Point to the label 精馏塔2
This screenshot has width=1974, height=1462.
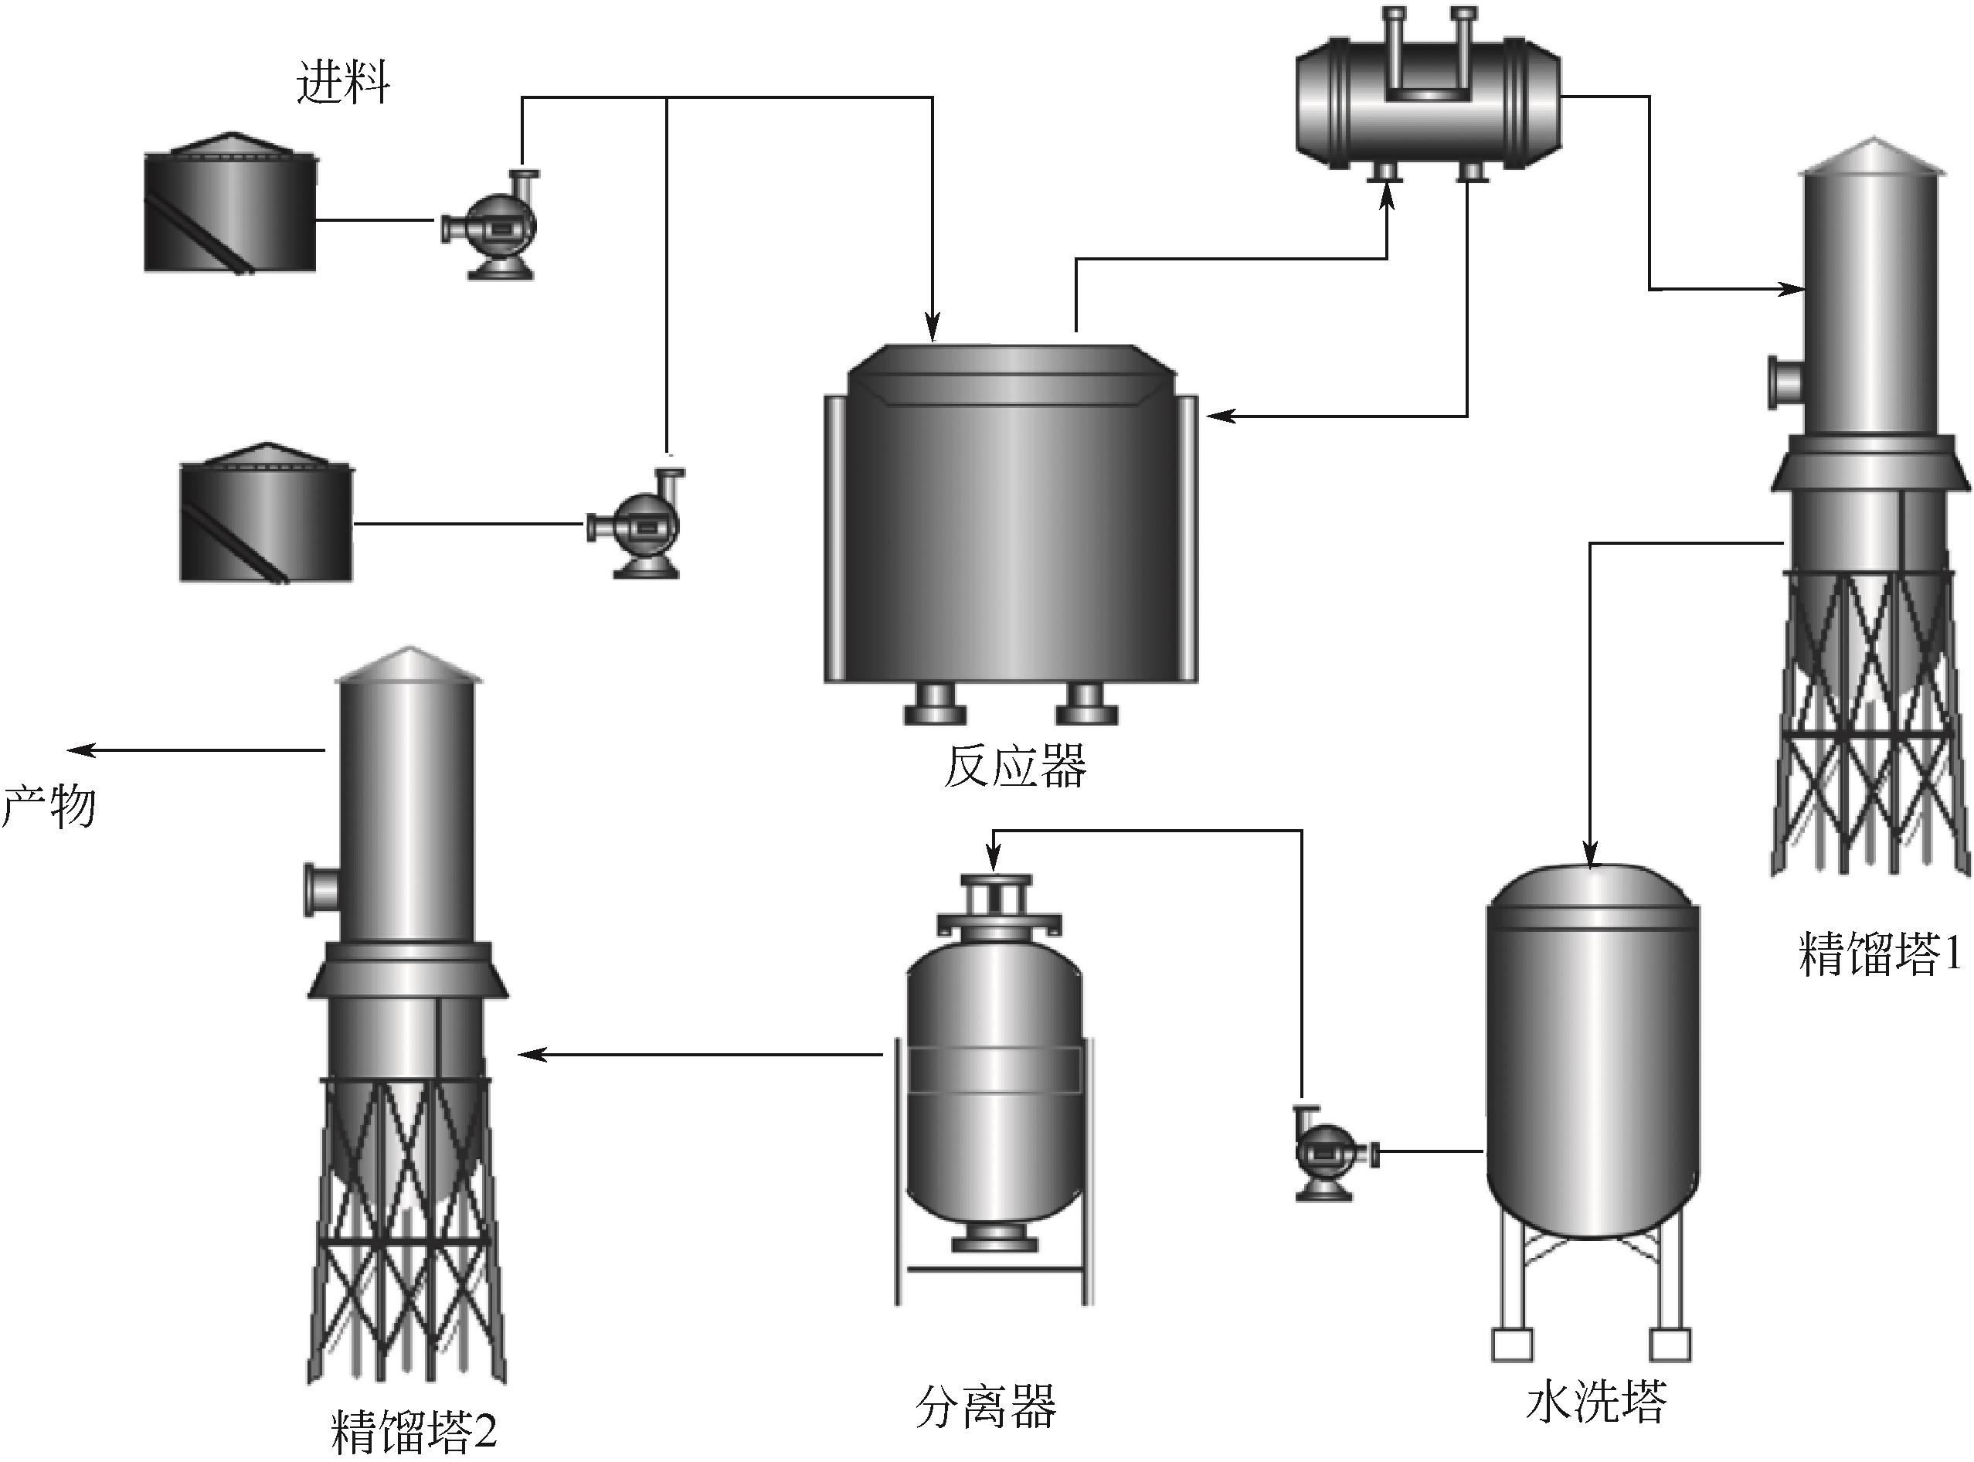(x=414, y=1430)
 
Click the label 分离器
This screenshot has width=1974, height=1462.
(x=985, y=1406)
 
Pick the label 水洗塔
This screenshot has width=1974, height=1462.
(x=1595, y=1401)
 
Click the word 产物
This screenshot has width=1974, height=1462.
(x=49, y=806)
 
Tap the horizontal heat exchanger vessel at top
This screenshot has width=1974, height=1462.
(x=1427, y=102)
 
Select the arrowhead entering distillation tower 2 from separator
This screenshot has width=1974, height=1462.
(x=530, y=1055)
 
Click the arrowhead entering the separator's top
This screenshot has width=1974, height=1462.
(x=994, y=861)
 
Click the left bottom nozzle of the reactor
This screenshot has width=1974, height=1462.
(x=934, y=705)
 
